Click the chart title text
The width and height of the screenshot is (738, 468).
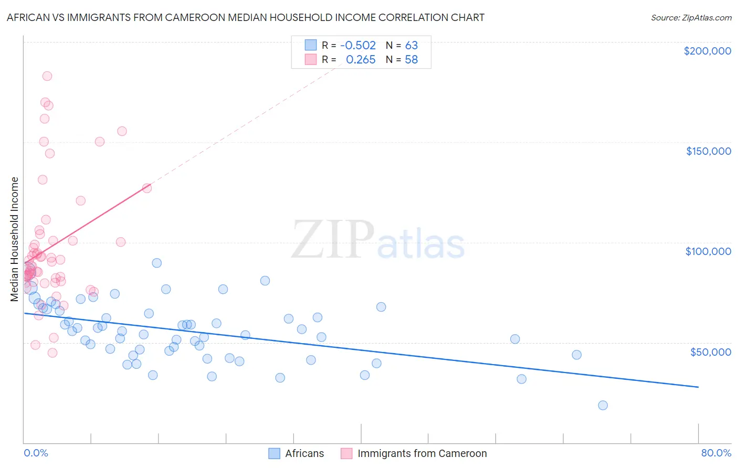click(245, 17)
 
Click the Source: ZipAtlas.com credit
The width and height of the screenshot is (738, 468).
click(691, 17)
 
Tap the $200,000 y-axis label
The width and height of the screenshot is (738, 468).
click(707, 51)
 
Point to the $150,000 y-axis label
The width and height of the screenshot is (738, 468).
click(708, 151)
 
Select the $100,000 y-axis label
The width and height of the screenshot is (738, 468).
click(708, 251)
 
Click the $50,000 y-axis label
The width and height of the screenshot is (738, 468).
click(710, 352)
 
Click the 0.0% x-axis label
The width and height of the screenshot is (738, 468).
click(36, 453)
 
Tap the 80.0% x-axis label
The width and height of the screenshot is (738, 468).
click(716, 453)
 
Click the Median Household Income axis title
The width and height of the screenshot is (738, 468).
click(14, 239)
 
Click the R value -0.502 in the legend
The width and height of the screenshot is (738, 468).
click(358, 46)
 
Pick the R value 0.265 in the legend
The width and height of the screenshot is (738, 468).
click(361, 60)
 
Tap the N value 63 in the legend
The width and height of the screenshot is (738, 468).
click(411, 46)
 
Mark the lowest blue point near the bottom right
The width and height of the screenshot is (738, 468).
click(603, 405)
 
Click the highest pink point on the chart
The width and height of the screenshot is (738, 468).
click(47, 76)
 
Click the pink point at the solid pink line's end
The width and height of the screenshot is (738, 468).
click(147, 188)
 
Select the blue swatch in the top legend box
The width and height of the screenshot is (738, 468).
click(311, 45)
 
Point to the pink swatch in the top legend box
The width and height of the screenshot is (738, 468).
click(311, 59)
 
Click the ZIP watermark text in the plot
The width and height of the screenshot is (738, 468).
click(333, 240)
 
